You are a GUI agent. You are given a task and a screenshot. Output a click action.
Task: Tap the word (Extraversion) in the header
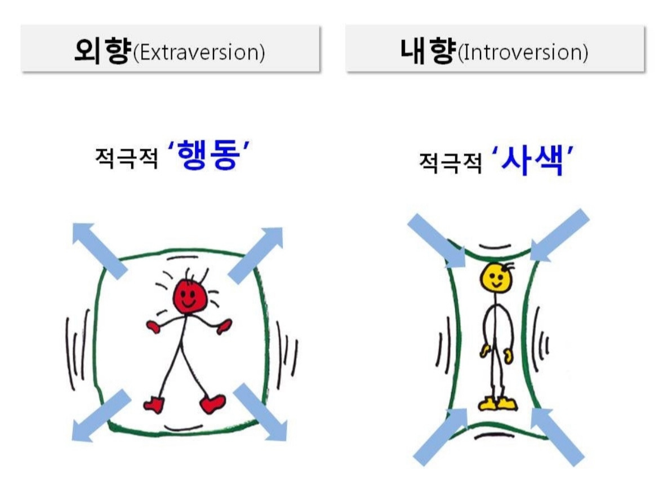coord(198,52)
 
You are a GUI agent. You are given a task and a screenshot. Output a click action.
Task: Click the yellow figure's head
coord(497,277)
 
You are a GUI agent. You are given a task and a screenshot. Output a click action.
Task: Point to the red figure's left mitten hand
coord(153,326)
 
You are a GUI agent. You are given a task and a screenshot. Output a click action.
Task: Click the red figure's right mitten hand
coord(224,326)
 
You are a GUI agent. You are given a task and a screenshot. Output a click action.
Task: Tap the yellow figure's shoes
coord(498,404)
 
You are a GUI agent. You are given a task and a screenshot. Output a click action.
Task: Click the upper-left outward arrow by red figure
coord(99,250)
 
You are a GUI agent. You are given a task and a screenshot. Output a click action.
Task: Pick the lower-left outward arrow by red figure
coord(101,414)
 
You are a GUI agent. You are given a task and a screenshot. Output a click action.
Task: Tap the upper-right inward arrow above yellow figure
coord(559,235)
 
